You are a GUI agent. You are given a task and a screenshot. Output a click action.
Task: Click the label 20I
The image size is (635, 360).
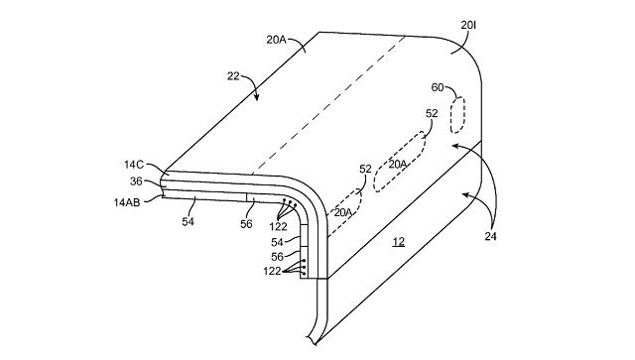click(468, 26)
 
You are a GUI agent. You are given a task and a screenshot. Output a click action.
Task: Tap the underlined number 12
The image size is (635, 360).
click(399, 242)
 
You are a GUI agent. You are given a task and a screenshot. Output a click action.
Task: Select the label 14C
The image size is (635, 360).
click(134, 165)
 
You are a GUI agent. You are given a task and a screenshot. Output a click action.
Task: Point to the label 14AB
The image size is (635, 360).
click(127, 202)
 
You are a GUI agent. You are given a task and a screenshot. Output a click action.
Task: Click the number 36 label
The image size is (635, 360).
click(136, 181)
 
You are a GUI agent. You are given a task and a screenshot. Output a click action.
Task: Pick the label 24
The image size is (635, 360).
click(490, 236)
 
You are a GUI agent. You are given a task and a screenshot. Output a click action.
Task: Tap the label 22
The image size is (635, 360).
click(233, 75)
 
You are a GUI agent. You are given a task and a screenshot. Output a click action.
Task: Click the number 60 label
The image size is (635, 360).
click(438, 87)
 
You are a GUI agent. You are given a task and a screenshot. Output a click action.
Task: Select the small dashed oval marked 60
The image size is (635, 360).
click(457, 115)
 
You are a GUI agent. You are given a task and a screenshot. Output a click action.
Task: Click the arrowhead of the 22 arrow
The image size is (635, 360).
click(256, 97)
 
